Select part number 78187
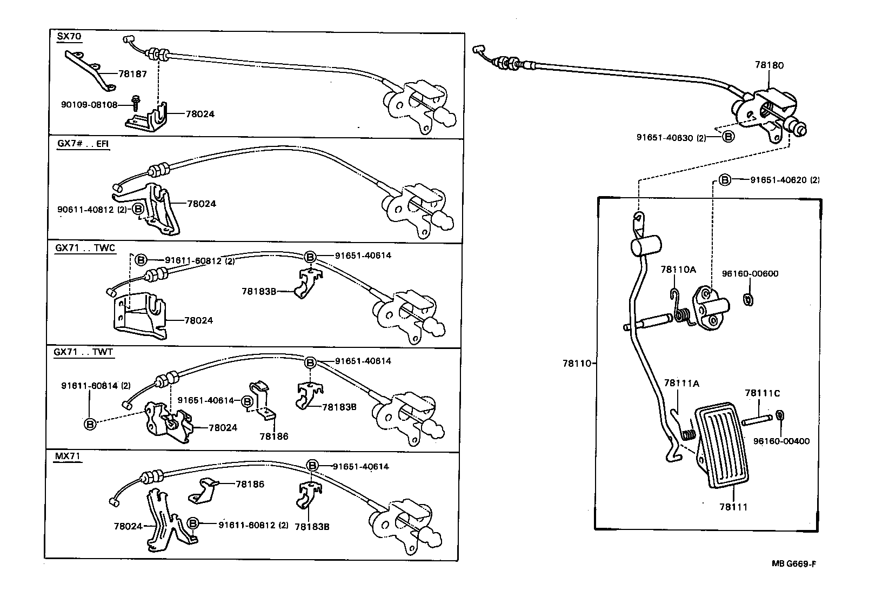click(x=132, y=74)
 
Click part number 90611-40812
click(x=85, y=209)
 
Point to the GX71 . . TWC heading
click(x=85, y=248)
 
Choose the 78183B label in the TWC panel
click(x=259, y=291)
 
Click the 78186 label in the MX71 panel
click(x=250, y=484)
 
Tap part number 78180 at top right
click(x=768, y=65)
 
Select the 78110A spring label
click(x=678, y=269)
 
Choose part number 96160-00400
click(x=781, y=441)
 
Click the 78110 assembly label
click(x=577, y=364)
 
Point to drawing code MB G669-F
click(x=793, y=564)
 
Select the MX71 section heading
click(x=68, y=456)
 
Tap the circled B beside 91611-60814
click(x=90, y=424)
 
